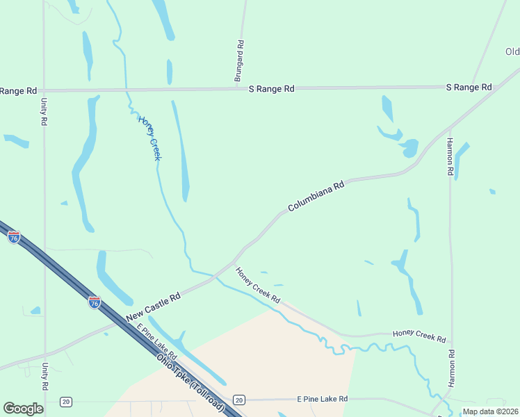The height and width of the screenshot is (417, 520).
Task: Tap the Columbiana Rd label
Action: tap(316, 197)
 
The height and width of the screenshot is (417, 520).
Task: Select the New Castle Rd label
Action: tap(154, 307)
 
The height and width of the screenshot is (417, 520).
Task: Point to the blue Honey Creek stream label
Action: tap(149, 138)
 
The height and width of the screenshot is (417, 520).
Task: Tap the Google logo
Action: tap(24, 409)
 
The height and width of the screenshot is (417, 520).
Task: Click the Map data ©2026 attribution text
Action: tap(490, 411)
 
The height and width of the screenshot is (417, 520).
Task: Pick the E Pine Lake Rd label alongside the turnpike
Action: tap(152, 338)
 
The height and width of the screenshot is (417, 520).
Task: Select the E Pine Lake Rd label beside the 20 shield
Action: tap(322, 399)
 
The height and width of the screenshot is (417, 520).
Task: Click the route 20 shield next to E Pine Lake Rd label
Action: tap(239, 400)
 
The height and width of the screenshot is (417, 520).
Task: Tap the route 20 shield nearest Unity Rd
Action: tap(65, 401)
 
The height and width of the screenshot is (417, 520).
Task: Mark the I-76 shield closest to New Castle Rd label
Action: tap(94, 302)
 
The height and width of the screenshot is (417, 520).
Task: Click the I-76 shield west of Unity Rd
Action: tap(14, 237)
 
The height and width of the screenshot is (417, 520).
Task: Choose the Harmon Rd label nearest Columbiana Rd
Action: tap(450, 156)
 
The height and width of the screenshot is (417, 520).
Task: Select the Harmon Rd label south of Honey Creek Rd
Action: tap(451, 368)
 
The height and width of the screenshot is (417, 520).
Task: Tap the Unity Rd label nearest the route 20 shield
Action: tap(44, 377)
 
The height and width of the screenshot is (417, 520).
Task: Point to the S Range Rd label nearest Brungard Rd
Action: tap(272, 89)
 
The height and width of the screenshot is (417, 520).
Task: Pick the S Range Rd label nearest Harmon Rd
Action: tap(469, 87)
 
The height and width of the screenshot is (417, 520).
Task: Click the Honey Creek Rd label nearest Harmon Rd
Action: tap(419, 336)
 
